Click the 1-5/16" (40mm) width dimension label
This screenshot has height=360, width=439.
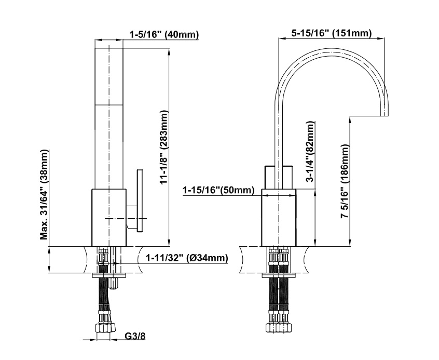click(x=164, y=35)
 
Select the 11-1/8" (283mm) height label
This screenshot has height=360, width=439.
click(x=164, y=148)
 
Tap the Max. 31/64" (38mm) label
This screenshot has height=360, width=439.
click(x=45, y=194)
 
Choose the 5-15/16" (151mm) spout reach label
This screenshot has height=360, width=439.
click(x=331, y=34)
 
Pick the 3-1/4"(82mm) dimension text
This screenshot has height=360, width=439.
click(x=310, y=151)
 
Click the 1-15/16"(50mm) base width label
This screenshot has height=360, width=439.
click(x=217, y=191)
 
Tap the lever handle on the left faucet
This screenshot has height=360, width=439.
click(x=140, y=199)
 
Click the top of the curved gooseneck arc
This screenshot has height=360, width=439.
click(x=332, y=49)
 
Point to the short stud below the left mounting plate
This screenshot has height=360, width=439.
click(x=114, y=283)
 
